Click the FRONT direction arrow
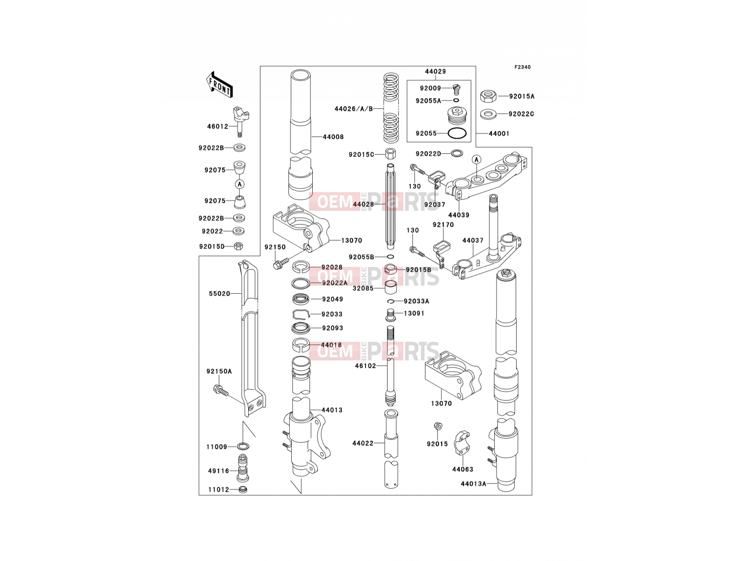click(x=219, y=85)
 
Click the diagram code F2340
click(x=522, y=67)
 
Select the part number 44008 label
click(x=333, y=137)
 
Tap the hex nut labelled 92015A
click(x=489, y=96)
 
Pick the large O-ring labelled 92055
click(x=457, y=133)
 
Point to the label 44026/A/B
click(x=354, y=109)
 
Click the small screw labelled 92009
click(x=456, y=89)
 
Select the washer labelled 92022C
click(x=489, y=114)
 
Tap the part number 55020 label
click(x=219, y=294)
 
